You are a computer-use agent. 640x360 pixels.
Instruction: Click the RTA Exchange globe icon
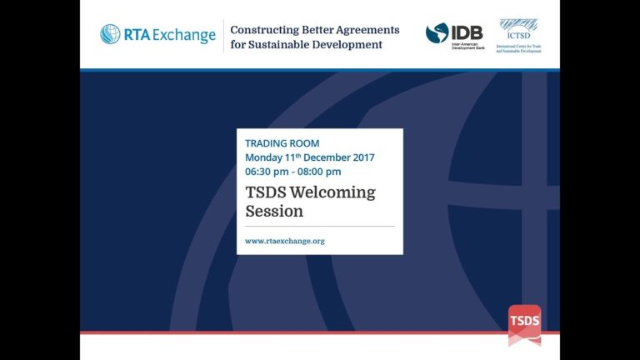coord(110,35)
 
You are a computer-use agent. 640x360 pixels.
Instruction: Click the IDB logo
coord(454,36)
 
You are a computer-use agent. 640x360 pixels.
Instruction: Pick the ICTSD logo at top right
coord(518,35)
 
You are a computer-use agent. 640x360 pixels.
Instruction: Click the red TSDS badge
coord(524,322)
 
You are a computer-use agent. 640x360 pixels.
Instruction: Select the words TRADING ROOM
coord(282,143)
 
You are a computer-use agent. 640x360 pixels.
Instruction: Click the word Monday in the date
coord(264,157)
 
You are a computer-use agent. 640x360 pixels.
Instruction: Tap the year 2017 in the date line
coord(362,157)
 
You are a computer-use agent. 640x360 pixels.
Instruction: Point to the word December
coord(327,157)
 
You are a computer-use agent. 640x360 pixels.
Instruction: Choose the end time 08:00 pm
coord(319,172)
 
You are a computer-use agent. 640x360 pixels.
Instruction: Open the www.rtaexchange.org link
coord(284,241)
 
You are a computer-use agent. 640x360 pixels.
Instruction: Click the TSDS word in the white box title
coord(262,192)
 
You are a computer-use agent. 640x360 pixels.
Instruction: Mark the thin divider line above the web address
coord(320,226)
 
